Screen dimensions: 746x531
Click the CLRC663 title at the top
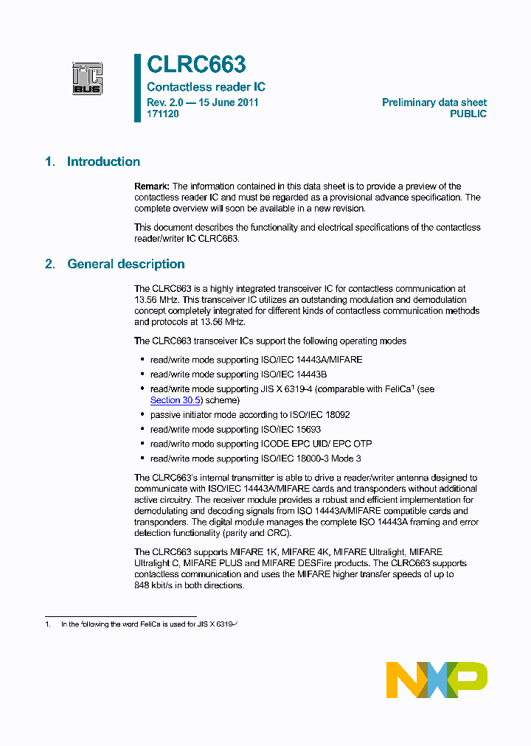(196, 66)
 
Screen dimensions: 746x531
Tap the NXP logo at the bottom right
(437, 680)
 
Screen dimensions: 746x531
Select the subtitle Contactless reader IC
(206, 87)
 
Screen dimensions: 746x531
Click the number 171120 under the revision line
(162, 114)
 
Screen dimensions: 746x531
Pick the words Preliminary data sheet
(434, 102)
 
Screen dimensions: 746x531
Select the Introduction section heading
(103, 162)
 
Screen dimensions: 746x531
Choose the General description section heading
(126, 264)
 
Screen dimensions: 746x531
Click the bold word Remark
(152, 186)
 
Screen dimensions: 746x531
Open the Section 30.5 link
(176, 400)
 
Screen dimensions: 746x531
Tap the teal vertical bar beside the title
(137, 88)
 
